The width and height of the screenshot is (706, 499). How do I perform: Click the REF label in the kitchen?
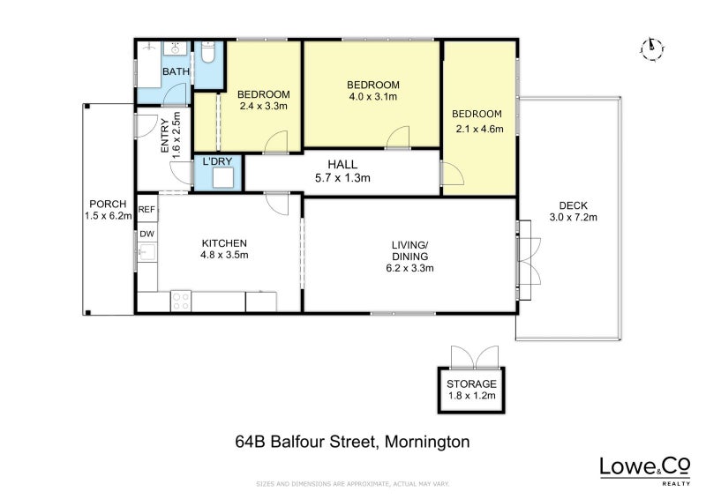[x=146, y=210]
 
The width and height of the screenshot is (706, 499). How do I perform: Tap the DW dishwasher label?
[x=146, y=235]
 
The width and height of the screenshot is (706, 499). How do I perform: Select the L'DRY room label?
[x=217, y=162]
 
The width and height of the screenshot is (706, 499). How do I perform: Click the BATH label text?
[x=176, y=71]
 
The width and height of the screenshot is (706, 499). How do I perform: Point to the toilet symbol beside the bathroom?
[x=207, y=55]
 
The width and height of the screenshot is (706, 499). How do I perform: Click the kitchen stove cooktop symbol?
[x=181, y=301]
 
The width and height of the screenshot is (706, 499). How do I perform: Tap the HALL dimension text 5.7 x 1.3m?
[x=342, y=178]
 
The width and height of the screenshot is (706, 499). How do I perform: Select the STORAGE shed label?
[x=471, y=384]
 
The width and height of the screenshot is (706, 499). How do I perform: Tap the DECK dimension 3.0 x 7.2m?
[x=573, y=217]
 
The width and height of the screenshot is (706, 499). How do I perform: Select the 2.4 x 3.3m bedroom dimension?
[x=264, y=107]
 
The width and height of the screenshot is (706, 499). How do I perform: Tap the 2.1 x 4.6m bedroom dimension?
[x=477, y=129]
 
